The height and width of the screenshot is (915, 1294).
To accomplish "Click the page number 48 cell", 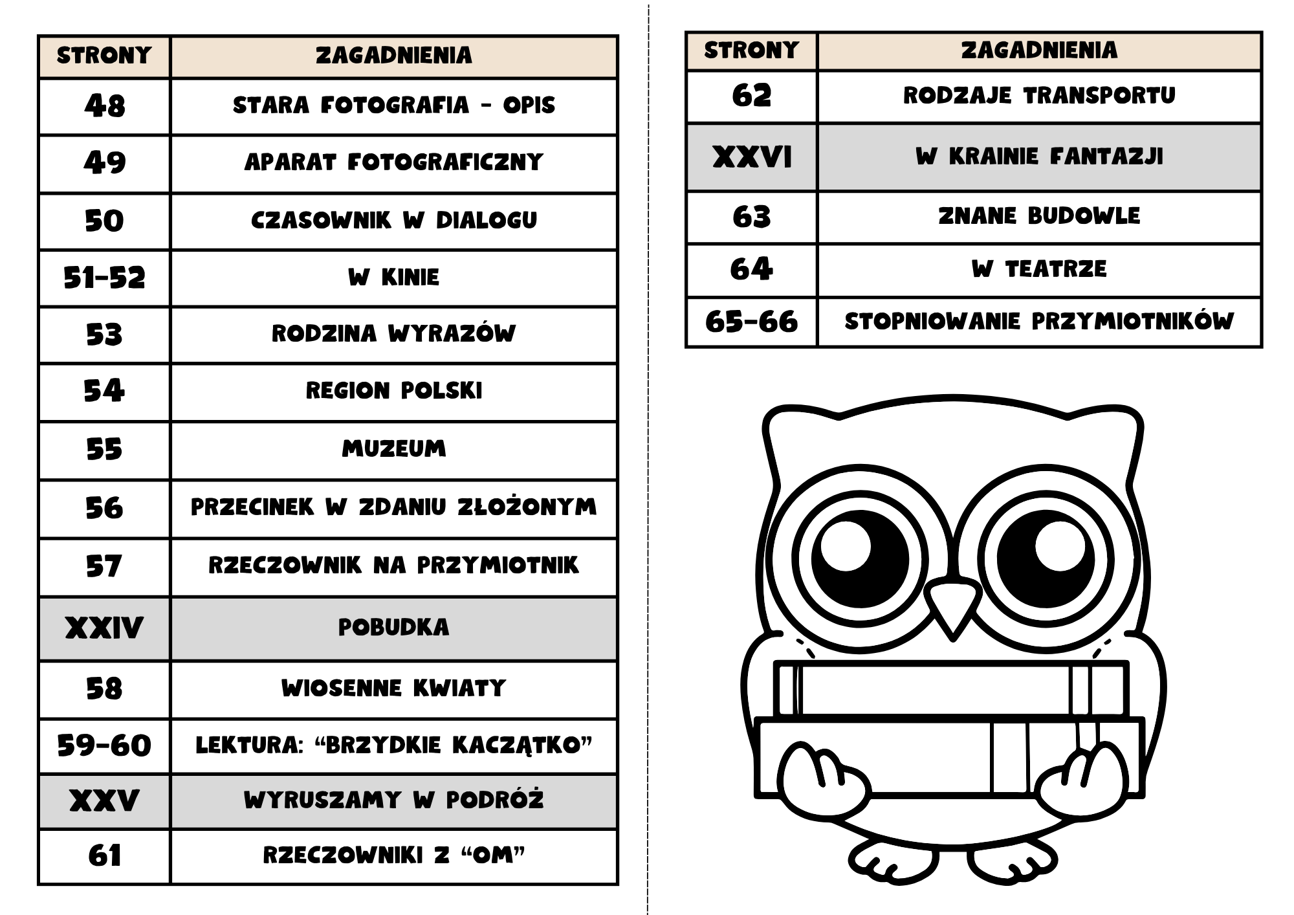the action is tap(104, 106).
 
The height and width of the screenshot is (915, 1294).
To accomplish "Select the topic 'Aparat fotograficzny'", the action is tap(393, 162).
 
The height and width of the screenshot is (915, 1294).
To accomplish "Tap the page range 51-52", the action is tap(104, 278).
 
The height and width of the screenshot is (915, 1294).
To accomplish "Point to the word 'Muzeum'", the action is tap(393, 448).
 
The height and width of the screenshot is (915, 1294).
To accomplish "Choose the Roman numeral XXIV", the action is tap(104, 628).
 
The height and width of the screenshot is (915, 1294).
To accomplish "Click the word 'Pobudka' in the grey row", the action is tap(393, 627).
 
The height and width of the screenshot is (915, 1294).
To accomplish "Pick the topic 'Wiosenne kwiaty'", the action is tap(393, 688).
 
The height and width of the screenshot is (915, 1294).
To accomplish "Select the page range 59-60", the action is tap(104, 745).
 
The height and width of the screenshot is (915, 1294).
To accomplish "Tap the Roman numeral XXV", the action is tap(104, 801).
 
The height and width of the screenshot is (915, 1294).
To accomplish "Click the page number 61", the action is tap(104, 856).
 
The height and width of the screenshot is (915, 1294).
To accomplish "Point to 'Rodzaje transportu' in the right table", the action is tap(1039, 96).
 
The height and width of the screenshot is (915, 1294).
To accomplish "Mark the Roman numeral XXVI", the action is tap(752, 157).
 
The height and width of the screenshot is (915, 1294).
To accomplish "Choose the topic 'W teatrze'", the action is tap(1039, 269).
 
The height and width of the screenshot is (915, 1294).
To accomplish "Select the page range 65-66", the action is tap(752, 322).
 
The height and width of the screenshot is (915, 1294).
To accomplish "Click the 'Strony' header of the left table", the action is tap(104, 56).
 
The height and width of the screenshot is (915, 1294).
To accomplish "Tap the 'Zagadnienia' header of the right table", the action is tap(1039, 50).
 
